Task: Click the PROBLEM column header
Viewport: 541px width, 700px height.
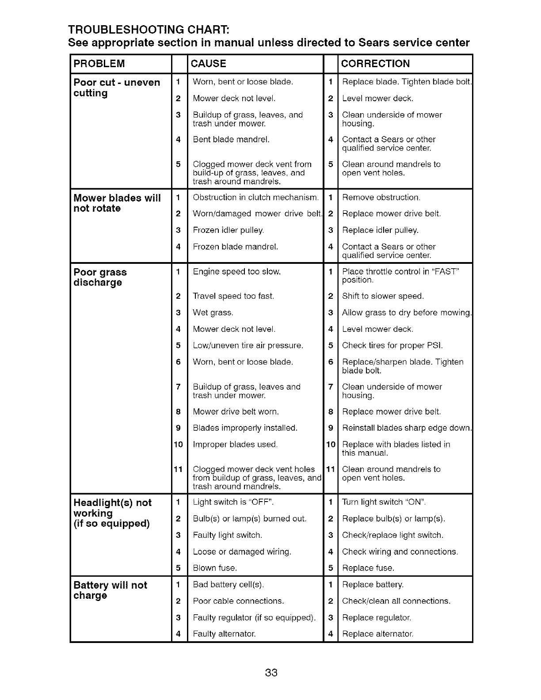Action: click(x=99, y=64)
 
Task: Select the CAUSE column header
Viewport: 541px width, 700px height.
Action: click(x=208, y=64)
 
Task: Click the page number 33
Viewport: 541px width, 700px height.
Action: click(x=271, y=673)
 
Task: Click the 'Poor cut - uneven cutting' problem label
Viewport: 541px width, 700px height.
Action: click(x=117, y=87)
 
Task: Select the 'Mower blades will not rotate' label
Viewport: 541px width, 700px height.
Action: click(x=117, y=203)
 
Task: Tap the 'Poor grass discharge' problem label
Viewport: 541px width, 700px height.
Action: click(x=100, y=277)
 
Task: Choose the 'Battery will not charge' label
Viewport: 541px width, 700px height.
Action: click(x=110, y=590)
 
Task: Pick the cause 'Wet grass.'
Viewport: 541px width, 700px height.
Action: click(x=213, y=313)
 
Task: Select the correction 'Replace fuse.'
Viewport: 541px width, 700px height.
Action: click(x=368, y=568)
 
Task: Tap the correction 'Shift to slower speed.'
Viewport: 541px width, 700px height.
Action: click(x=383, y=296)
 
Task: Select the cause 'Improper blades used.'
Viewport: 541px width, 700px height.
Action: click(x=235, y=444)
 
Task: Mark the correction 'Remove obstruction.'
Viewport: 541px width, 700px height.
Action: click(x=381, y=197)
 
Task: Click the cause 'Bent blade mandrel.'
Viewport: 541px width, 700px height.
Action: click(x=231, y=140)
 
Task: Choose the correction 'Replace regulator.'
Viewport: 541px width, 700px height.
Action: click(x=377, y=617)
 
